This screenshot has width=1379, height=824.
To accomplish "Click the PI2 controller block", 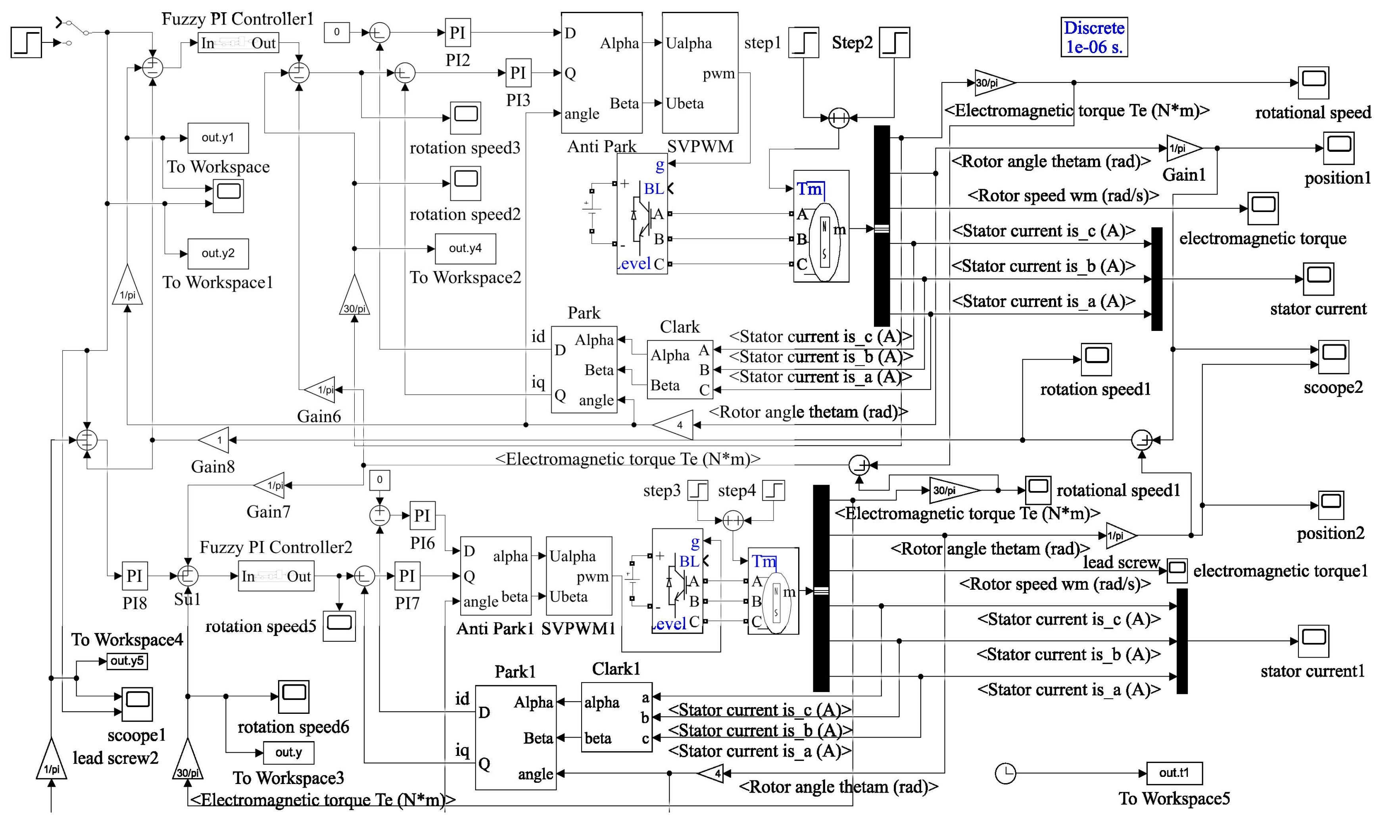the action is tap(458, 33).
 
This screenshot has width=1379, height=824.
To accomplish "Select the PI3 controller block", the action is tap(518, 73).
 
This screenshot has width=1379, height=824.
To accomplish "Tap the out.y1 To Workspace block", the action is tap(218, 138).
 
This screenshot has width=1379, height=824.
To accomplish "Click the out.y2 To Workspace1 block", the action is tap(218, 254).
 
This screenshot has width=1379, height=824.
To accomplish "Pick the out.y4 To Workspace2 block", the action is tap(465, 249).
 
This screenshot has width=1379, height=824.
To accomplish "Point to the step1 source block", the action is tap(803, 42).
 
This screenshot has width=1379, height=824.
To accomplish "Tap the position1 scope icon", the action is tap(1339, 148).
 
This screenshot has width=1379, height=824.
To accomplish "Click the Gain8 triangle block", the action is tap(213, 440).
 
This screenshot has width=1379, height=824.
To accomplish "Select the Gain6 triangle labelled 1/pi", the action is tap(319, 390).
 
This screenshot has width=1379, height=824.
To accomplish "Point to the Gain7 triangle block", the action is tap(269, 485).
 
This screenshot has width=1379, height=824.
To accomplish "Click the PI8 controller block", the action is tap(134, 576).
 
